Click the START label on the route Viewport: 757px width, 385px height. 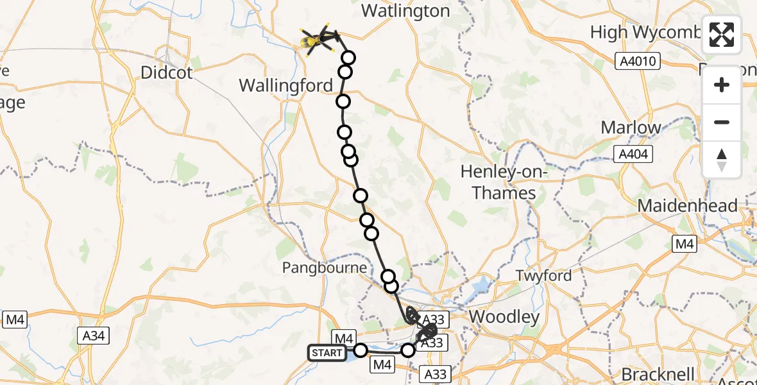[x=327, y=353]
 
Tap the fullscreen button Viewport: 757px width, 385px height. [x=722, y=35]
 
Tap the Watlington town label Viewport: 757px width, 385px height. [x=405, y=11]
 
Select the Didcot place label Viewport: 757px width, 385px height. [x=166, y=73]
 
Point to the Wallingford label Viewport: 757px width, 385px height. [x=285, y=85]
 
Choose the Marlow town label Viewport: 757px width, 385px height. [x=631, y=127]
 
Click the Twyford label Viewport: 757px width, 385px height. [x=545, y=275]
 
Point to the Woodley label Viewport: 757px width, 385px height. [x=504, y=316]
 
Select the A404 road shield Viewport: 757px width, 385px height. [x=633, y=154]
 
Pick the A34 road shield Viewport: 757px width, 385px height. [x=93, y=335]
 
